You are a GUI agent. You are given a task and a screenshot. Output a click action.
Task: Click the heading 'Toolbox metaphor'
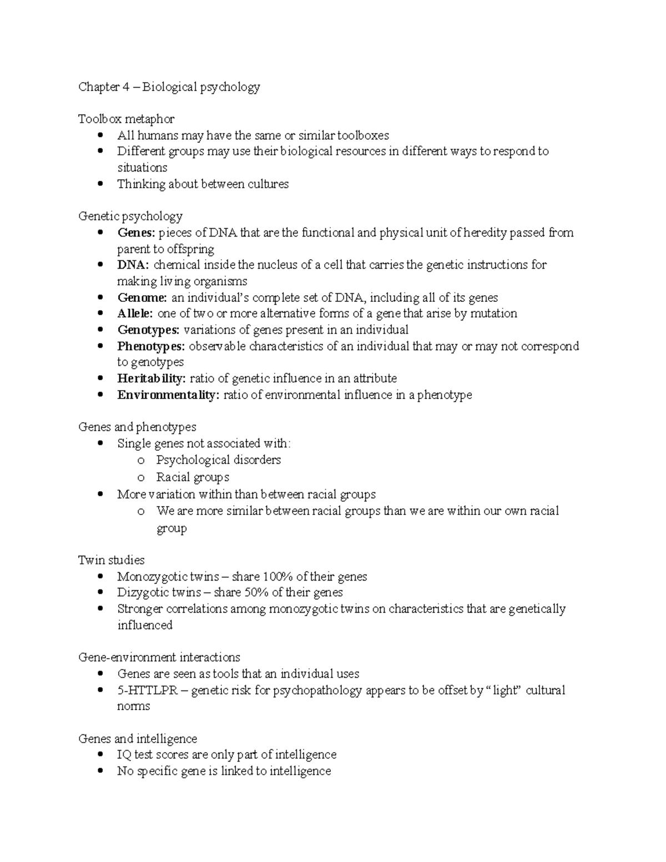pyautogui.click(x=126, y=119)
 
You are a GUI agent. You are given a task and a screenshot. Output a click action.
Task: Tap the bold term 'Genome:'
pyautogui.click(x=142, y=298)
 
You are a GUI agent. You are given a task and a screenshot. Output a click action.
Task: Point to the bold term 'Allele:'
pyautogui.click(x=135, y=314)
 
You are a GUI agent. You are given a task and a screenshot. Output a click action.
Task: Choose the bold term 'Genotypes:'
pyautogui.click(x=148, y=330)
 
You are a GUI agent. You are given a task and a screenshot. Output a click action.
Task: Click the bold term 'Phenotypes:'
pyautogui.click(x=151, y=346)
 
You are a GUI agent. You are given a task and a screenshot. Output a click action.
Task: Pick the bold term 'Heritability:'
pyautogui.click(x=151, y=379)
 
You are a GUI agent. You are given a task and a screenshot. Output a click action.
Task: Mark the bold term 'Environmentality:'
pyautogui.click(x=168, y=395)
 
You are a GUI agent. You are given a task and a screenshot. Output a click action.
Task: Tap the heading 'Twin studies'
pyautogui.click(x=112, y=560)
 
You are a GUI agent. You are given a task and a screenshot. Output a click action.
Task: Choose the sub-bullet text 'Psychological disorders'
pyautogui.click(x=218, y=460)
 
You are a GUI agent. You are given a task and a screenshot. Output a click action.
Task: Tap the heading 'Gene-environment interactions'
pyautogui.click(x=159, y=658)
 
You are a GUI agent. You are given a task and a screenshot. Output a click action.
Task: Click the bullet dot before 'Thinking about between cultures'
pyautogui.click(x=100, y=184)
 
